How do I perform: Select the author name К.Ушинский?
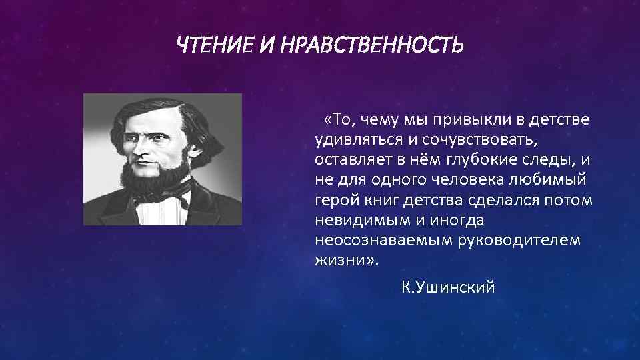click(x=448, y=287)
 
